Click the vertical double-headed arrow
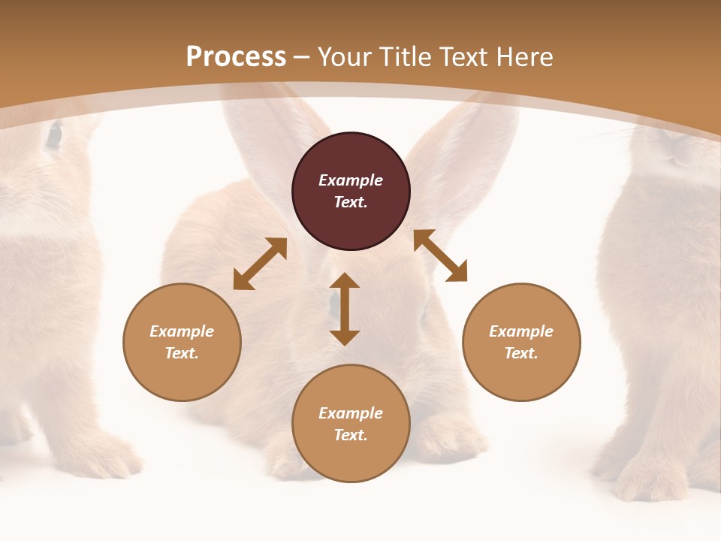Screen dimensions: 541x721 click(345, 309)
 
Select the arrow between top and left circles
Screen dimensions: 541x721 click(260, 264)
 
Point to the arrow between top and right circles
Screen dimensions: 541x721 click(440, 256)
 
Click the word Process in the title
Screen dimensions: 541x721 click(236, 57)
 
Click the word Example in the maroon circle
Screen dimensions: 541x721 click(351, 180)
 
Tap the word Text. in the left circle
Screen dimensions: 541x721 click(182, 353)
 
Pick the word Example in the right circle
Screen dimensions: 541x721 click(521, 331)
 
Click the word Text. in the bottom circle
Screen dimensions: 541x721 click(351, 435)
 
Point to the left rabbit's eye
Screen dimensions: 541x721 click(54, 135)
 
